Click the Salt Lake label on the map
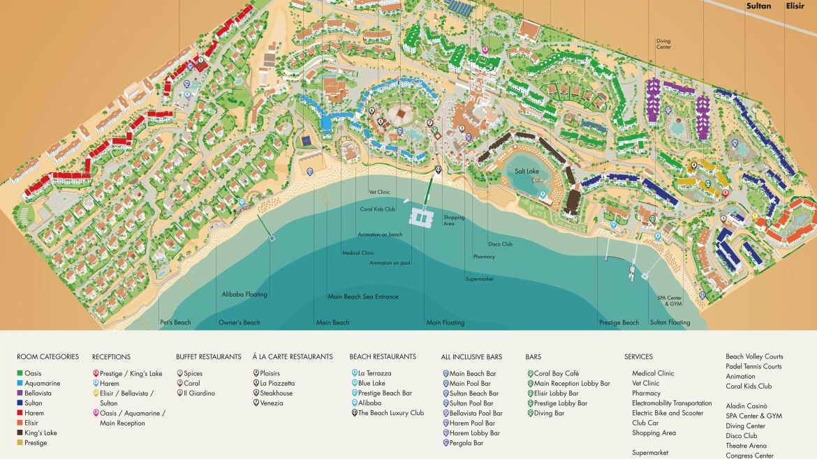click(527, 171)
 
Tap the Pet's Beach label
click(175, 322)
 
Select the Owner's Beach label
click(239, 322)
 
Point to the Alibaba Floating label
click(244, 294)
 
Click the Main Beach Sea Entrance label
click(363, 296)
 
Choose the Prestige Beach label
click(619, 322)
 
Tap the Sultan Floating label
click(670, 322)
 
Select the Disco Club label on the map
click(500, 244)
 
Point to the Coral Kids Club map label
click(378, 209)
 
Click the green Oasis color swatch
click(20, 374)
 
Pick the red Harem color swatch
click(20, 413)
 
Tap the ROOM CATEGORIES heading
click(47, 356)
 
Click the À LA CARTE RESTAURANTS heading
click(293, 356)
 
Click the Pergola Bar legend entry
click(466, 443)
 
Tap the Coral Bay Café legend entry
click(556, 373)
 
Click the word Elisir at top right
click(795, 6)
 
